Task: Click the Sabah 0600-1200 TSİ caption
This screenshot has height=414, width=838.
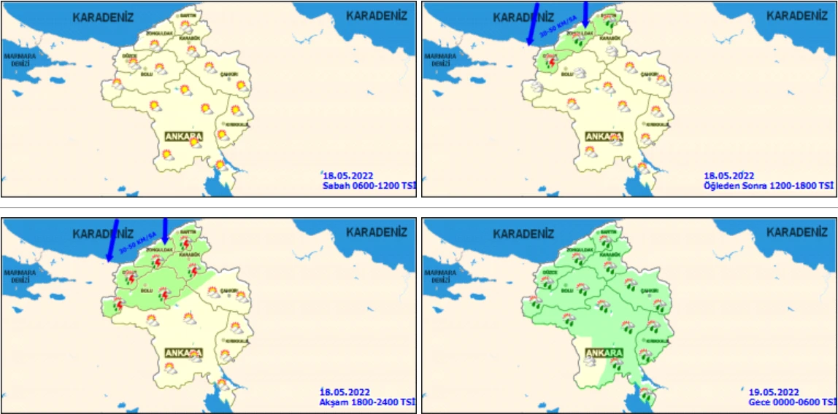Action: (x=369, y=186)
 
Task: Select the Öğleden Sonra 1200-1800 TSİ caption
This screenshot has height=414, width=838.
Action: (x=768, y=186)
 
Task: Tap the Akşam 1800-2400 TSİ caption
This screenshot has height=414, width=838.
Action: (x=368, y=402)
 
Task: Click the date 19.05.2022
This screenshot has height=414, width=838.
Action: (x=774, y=392)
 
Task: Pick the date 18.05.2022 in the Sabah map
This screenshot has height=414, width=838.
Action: (x=348, y=176)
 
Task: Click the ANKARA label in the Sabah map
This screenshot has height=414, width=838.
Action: (x=183, y=136)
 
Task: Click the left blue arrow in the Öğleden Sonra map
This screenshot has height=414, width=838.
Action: (x=532, y=23)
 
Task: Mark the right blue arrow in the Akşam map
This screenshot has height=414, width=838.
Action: (x=165, y=231)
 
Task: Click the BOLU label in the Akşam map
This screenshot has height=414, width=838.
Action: (x=146, y=290)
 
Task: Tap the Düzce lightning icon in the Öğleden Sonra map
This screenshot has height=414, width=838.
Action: (x=551, y=63)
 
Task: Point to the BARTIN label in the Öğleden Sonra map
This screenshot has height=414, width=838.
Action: (x=607, y=15)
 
